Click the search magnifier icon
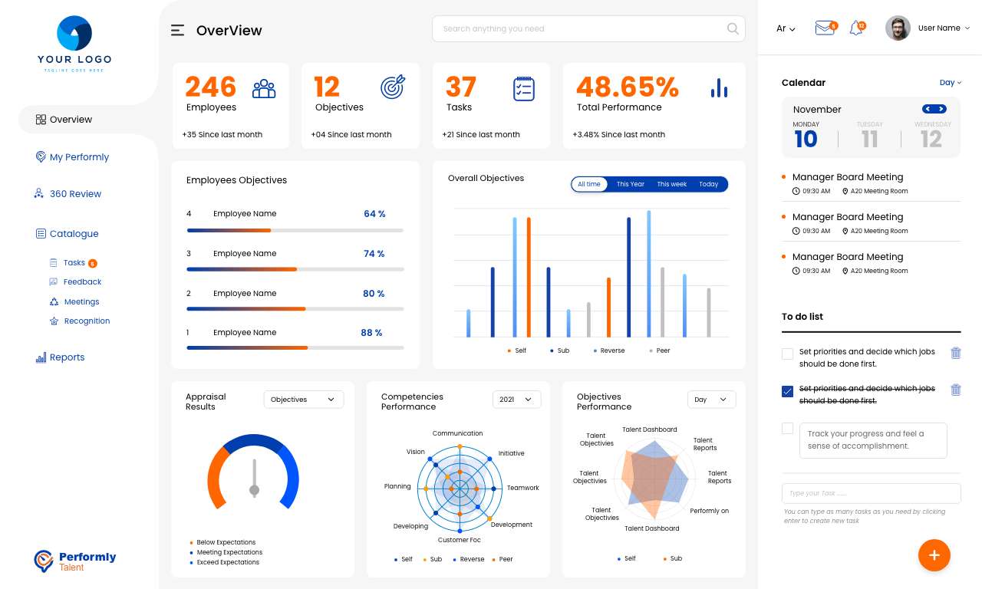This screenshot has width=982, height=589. click(x=733, y=29)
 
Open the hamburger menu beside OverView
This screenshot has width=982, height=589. click(x=177, y=31)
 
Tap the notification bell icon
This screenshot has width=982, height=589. click(x=856, y=28)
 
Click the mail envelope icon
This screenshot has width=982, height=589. click(x=824, y=28)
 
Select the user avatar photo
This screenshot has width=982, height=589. click(x=898, y=28)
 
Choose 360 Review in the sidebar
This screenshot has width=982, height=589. click(x=75, y=194)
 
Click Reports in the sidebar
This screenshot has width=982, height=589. click(x=67, y=357)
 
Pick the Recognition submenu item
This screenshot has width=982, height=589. click(x=87, y=321)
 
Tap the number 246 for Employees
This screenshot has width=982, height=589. click(x=210, y=87)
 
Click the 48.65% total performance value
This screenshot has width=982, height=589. click(x=627, y=87)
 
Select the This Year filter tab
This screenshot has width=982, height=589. click(x=630, y=184)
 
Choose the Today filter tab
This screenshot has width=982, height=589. click(x=708, y=184)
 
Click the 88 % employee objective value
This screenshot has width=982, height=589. click(x=371, y=333)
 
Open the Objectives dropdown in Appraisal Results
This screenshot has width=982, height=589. click(x=304, y=400)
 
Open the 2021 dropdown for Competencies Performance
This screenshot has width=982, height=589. click(x=516, y=400)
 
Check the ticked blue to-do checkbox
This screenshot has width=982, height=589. click(x=787, y=392)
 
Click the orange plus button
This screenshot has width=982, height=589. click(x=934, y=555)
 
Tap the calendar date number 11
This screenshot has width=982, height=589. click(x=869, y=139)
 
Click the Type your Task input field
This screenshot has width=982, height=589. click(x=871, y=493)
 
